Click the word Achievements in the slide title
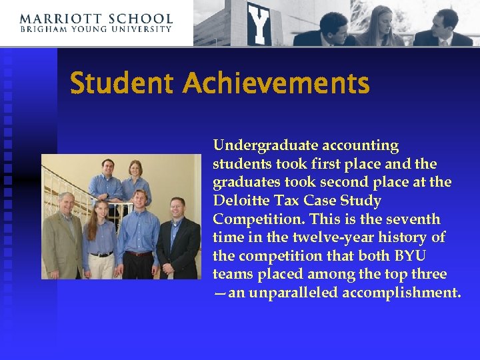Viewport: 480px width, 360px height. click(276, 85)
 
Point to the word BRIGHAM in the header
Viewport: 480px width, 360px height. click(41, 30)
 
